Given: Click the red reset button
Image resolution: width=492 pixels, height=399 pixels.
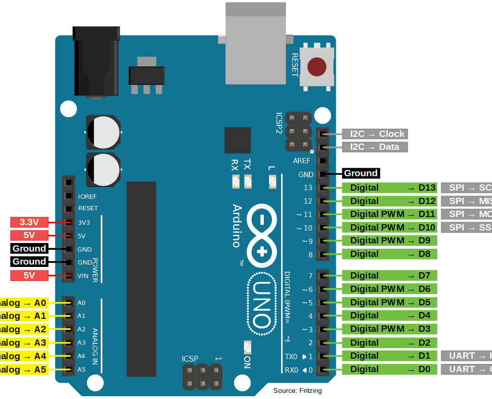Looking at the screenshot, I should pos(316,67).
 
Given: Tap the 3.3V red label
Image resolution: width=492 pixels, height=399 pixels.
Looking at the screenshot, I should pos(29,222).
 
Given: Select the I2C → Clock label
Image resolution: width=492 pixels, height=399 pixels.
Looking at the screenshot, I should pos(375,134).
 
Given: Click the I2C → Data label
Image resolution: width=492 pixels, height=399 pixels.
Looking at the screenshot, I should pos(375,147).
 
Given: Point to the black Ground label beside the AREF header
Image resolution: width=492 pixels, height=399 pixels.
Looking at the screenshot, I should pos(360,173).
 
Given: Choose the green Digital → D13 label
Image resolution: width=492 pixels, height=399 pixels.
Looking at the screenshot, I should pos(389,188).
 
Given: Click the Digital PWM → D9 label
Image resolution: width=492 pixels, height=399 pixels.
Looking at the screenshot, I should pos(389,241).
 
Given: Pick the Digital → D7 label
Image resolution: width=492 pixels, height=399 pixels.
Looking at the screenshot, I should pos(389,276).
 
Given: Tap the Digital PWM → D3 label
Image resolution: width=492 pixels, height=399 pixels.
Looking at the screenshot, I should pos(389,329).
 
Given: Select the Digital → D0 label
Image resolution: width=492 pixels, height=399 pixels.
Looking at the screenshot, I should pos(389,369).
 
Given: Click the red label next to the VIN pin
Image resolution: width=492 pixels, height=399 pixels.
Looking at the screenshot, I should pos(29,276).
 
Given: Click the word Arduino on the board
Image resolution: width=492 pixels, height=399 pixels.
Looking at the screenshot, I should pos(237,226).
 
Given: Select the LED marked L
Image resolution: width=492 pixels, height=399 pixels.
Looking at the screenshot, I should pos(272,181).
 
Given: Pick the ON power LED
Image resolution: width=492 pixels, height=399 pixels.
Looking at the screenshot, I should pos(247,347).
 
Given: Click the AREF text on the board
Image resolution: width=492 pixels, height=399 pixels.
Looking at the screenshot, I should pos(302,161).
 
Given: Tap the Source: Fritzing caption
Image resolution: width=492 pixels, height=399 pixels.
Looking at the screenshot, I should pos(297,390).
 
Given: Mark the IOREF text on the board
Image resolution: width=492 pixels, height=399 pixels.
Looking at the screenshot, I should pos(87,196).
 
